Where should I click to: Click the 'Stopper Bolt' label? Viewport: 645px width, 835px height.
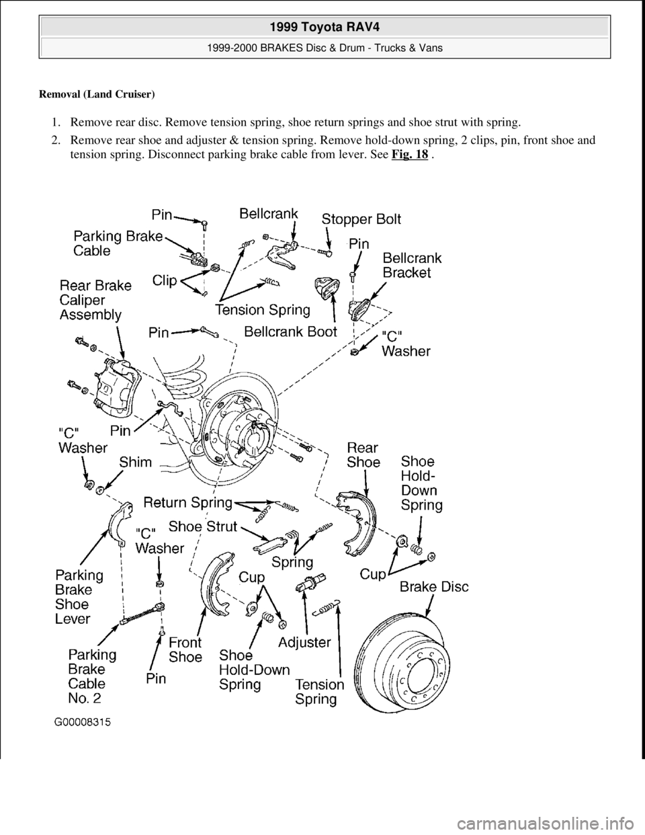point(361,219)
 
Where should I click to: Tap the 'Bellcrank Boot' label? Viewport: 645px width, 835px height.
point(290,331)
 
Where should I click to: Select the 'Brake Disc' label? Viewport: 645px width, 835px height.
point(434,587)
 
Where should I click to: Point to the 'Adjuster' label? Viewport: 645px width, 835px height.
point(304,642)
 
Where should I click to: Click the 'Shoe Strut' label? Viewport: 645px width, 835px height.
point(203,527)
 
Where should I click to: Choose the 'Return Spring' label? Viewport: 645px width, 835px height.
point(188,502)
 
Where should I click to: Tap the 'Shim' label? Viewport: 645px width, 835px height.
point(136,462)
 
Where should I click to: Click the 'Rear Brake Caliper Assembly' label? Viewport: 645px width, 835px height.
point(96,299)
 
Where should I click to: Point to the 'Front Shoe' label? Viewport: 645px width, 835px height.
point(185,649)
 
